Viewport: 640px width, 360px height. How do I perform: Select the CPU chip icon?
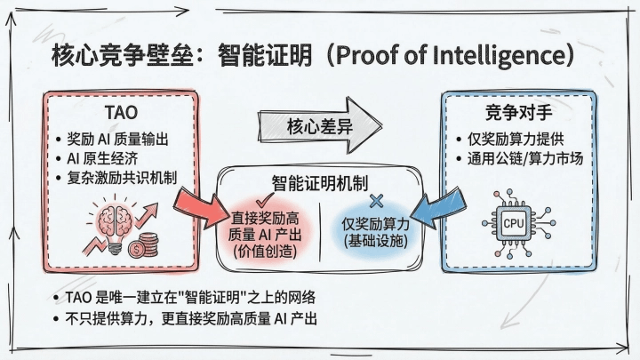coord(514,222)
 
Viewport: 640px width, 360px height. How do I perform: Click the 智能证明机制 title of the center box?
coord(319,180)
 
